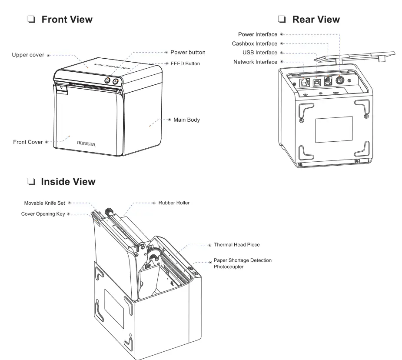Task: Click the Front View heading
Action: (66, 19)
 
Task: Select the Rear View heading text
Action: (316, 19)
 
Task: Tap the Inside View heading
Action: (68, 181)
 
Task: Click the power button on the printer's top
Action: (107, 81)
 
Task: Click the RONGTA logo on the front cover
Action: (86, 142)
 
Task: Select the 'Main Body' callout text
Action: (186, 120)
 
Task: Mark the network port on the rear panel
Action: (304, 83)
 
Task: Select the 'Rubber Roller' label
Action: (174, 203)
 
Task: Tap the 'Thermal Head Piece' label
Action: (236, 245)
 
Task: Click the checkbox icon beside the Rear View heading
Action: (282, 20)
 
